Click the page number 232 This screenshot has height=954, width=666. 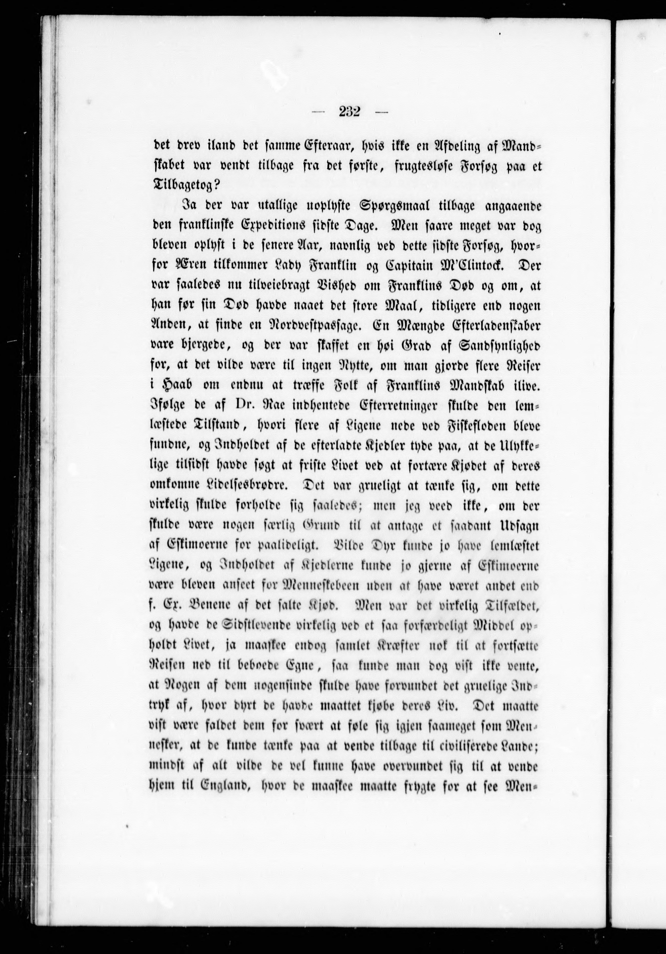[349, 113]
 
